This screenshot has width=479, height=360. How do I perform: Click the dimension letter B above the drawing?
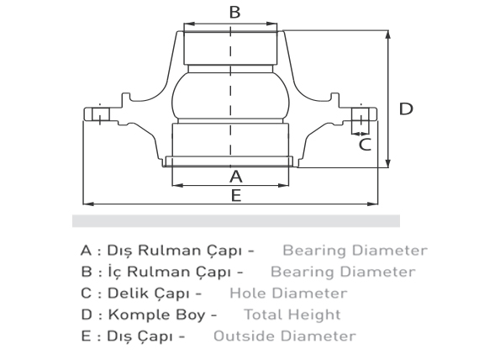[x=234, y=13]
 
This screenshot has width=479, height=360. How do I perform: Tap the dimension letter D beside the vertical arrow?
[x=406, y=109]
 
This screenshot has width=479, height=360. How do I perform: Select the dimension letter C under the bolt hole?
[x=365, y=145]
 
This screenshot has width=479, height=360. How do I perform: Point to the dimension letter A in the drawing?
[x=236, y=177]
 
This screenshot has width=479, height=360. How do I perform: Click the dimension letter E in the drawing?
[x=236, y=195]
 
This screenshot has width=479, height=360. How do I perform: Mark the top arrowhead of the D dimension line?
[x=388, y=34]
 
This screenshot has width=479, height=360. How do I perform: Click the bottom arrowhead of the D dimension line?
[x=388, y=163]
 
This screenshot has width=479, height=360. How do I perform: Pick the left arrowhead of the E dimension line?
[x=88, y=204]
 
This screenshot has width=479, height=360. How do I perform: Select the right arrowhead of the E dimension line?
[x=372, y=204]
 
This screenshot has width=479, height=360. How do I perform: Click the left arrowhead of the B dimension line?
[x=189, y=24]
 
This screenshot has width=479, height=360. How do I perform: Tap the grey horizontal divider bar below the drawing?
[x=236, y=221]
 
